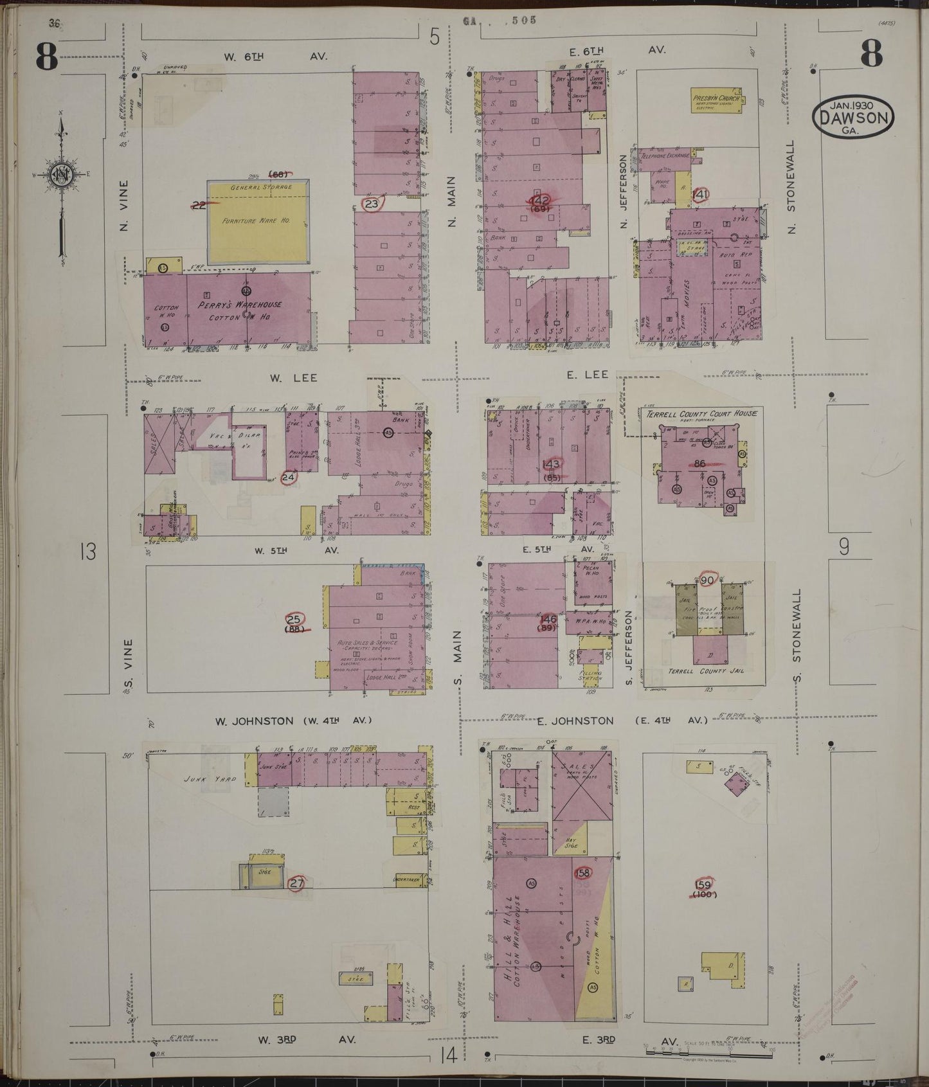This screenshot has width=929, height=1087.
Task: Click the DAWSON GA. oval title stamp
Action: coord(853,115)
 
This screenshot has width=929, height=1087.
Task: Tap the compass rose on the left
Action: coord(62,174)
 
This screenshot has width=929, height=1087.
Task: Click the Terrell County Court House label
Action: coord(701,413)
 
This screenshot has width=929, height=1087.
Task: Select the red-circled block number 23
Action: coord(372,204)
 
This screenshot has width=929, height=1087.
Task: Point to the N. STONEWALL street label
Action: coord(791,186)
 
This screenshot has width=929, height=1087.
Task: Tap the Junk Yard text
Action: coord(203,779)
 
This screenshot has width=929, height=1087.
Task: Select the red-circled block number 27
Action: coord(296,883)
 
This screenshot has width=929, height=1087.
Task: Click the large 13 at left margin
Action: coord(87,551)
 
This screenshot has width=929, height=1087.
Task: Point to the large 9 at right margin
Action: coord(844,547)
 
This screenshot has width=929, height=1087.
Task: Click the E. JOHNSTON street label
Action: coord(575,721)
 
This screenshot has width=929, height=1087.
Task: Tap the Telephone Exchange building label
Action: coord(665,155)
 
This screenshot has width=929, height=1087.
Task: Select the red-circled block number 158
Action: coord(583,873)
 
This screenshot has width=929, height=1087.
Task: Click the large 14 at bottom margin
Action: coord(449,1054)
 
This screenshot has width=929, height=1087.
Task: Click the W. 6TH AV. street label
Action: coord(275,57)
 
